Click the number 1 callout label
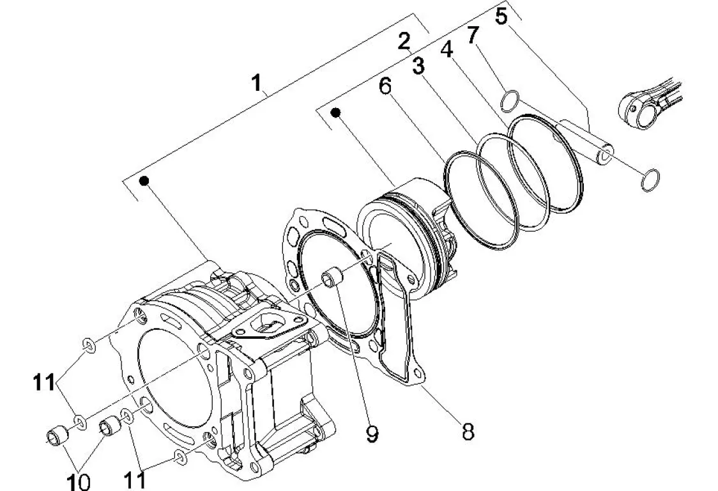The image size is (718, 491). click(x=256, y=83)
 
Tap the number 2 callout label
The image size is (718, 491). click(x=404, y=42)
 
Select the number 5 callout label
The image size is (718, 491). click(x=502, y=16)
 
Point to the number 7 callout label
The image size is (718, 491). click(x=473, y=35)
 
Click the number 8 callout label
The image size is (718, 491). click(x=468, y=432)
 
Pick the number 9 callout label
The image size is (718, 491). click(x=372, y=433)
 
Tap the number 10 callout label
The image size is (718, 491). click(x=79, y=481)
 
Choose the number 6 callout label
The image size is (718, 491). click(x=386, y=86)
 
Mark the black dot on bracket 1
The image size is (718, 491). click(x=144, y=181)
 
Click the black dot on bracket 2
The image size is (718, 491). click(x=337, y=113)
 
